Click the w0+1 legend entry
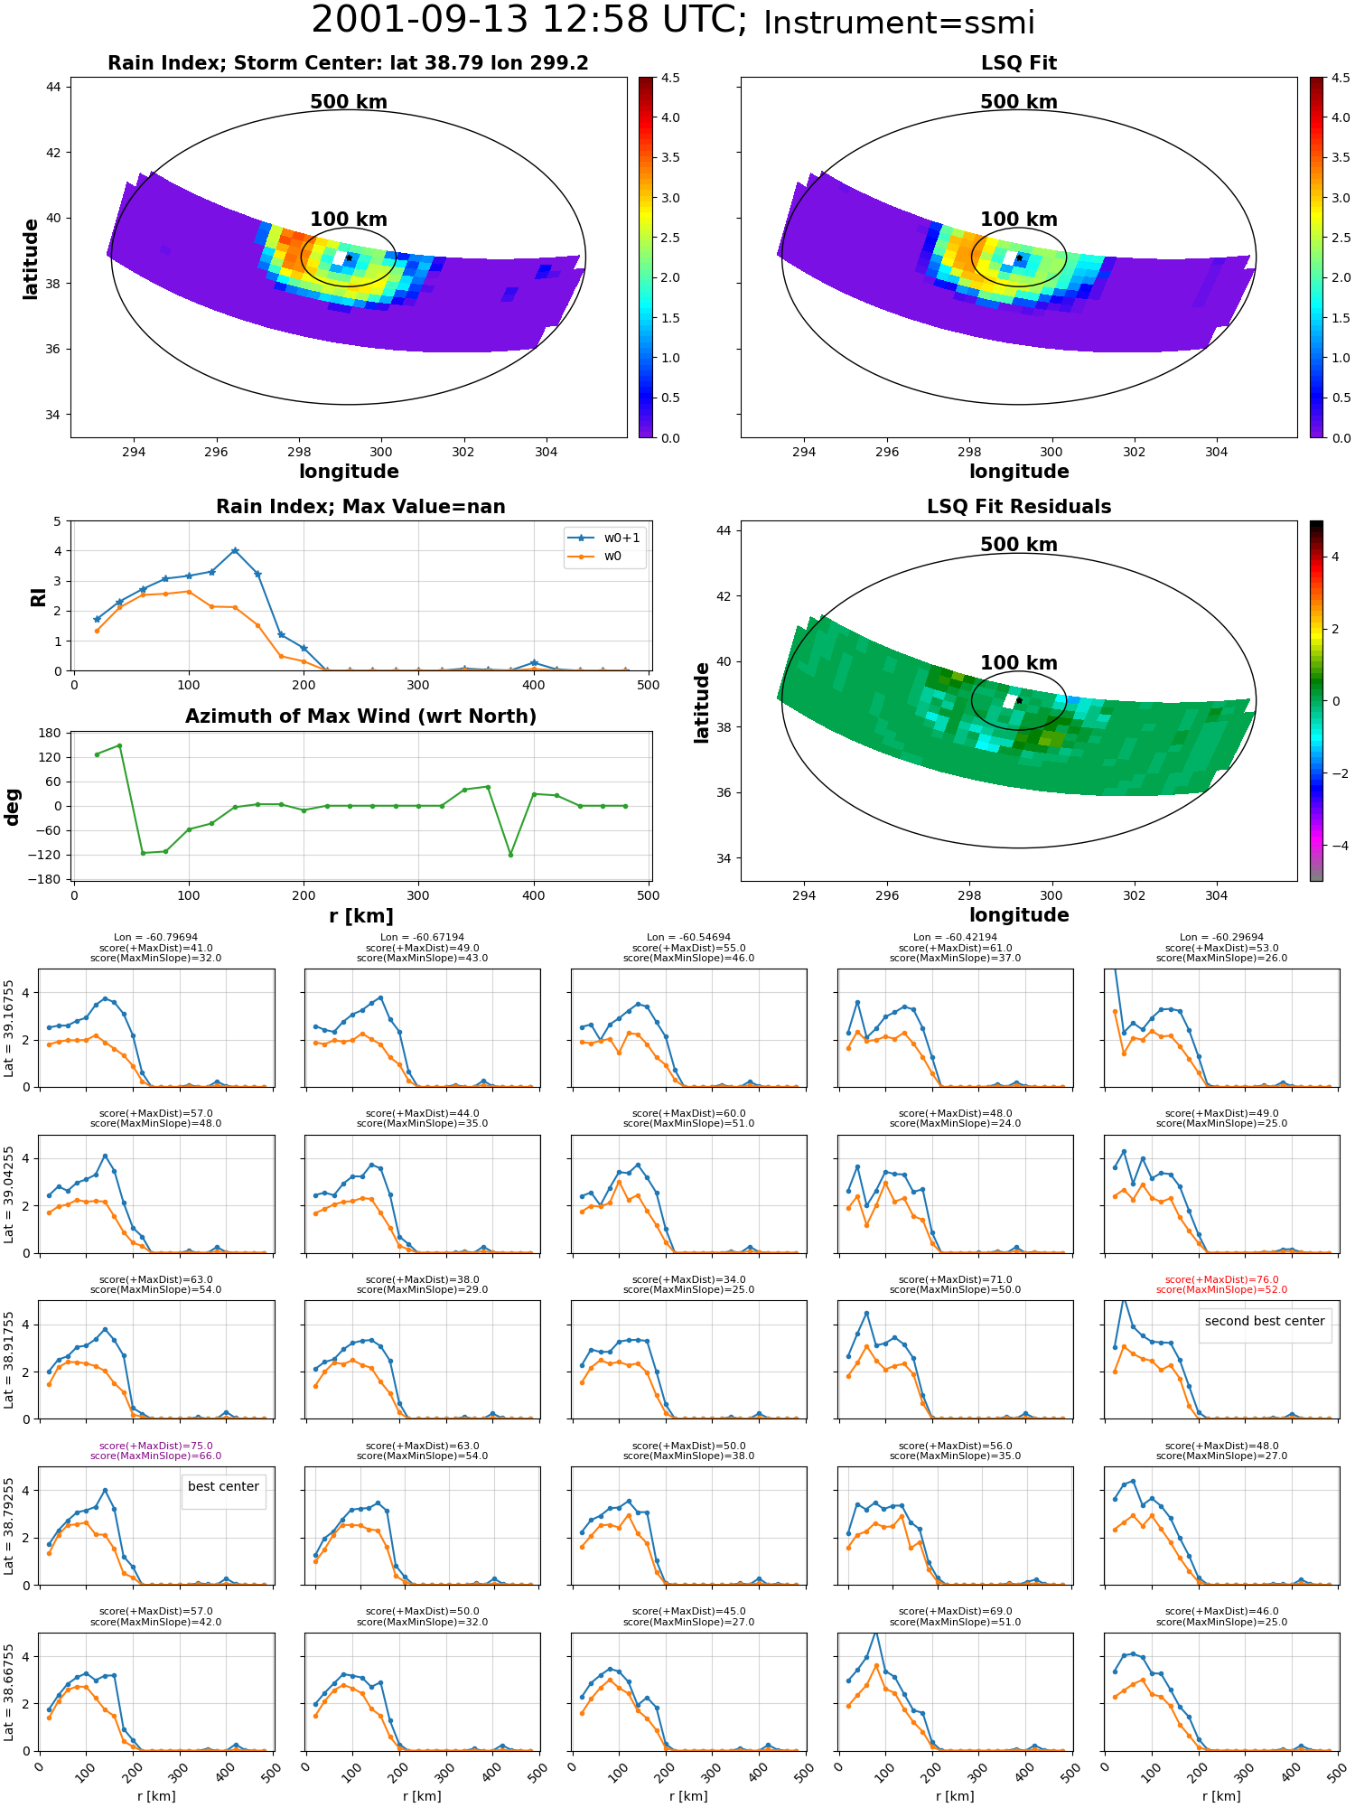[x=604, y=538]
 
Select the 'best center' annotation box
[x=223, y=1486]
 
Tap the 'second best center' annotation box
[x=1265, y=1321]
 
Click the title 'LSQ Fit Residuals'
[x=1019, y=507]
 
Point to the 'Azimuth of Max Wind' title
[x=360, y=716]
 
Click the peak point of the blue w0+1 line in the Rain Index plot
[x=235, y=550]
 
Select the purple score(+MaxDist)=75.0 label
[x=155, y=1446]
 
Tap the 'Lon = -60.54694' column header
[x=688, y=938]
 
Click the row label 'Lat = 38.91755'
[x=9, y=1360]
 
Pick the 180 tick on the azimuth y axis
[x=51, y=733]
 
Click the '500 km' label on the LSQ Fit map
[x=1019, y=102]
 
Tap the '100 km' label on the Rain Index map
[x=349, y=220]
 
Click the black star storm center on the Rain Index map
[x=349, y=257]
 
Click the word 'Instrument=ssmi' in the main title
[x=899, y=23]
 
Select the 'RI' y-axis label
[x=39, y=596]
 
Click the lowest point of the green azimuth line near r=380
[x=510, y=855]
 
